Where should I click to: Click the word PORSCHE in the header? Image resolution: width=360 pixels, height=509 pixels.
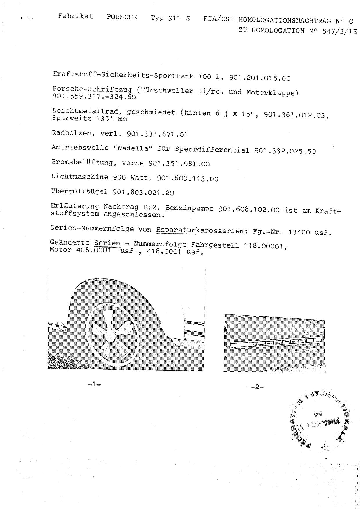click(x=122, y=17)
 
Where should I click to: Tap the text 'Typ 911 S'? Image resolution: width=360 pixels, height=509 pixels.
click(x=170, y=18)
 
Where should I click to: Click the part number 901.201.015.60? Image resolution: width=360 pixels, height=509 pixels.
click(x=260, y=78)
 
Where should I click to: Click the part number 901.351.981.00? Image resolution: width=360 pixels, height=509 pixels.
click(x=179, y=164)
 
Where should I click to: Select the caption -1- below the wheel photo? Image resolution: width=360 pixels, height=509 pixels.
click(x=94, y=384)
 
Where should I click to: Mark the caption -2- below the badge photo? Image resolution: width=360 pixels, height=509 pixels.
click(x=257, y=387)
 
